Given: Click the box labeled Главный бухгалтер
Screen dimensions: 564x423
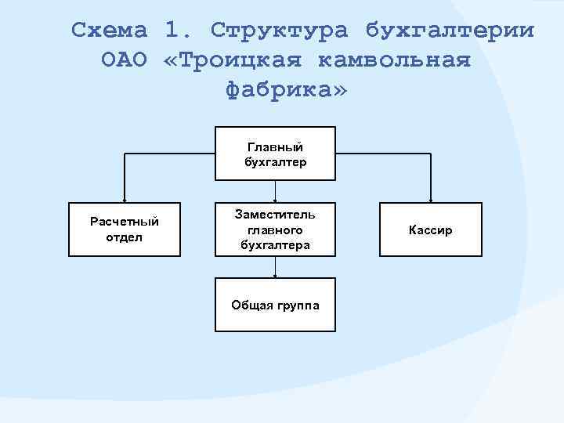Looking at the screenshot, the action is pyautogui.click(x=275, y=154).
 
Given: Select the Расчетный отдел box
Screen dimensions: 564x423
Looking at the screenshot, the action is pyautogui.click(x=125, y=230).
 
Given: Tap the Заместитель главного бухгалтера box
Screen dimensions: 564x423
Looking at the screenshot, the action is pyautogui.click(x=275, y=230).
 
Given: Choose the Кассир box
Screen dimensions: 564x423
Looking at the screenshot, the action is pyautogui.click(x=430, y=230).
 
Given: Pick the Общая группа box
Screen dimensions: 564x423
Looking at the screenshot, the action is pyautogui.click(x=275, y=305).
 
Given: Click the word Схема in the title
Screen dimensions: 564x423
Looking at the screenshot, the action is pyautogui.click(x=110, y=31).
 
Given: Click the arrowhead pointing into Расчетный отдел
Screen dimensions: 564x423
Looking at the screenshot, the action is pyautogui.click(x=125, y=200).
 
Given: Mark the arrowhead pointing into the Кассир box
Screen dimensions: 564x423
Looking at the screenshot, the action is pyautogui.click(x=430, y=200).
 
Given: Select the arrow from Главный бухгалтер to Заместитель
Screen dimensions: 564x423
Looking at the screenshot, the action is pyautogui.click(x=275, y=192).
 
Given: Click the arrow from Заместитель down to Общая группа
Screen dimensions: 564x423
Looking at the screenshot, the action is pyautogui.click(x=275, y=267).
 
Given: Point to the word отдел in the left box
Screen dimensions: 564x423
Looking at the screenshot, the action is pyautogui.click(x=125, y=237).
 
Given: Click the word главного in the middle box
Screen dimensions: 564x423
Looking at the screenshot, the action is pyautogui.click(x=275, y=230).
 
